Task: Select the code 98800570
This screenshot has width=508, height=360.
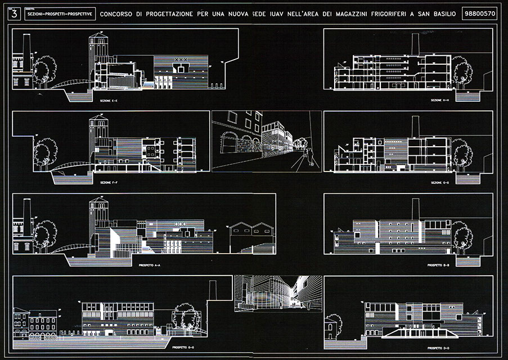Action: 478,13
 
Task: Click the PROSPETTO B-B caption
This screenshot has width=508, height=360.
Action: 436,264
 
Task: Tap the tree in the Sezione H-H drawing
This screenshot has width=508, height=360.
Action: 462,73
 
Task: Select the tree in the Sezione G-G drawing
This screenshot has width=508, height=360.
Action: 462,154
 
